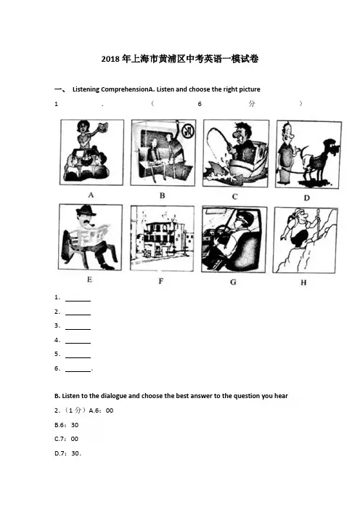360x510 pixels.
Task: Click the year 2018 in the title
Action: tap(110, 59)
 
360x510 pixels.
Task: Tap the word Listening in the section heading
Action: tap(86, 89)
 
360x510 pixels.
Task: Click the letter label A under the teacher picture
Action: tap(91, 195)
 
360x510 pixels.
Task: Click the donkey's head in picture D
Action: tap(332, 147)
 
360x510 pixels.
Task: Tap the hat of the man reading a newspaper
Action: tap(86, 211)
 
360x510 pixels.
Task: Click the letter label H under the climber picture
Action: tap(303, 283)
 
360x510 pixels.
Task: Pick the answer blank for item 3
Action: tap(78, 329)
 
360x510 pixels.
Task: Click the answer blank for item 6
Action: tap(78, 371)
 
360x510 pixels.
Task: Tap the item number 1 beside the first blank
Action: tap(57, 297)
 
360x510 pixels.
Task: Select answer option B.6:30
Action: tap(67, 425)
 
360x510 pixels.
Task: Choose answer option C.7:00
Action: tap(66, 439)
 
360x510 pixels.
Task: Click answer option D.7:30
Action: tap(67, 453)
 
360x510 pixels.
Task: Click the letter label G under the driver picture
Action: tap(233, 282)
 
